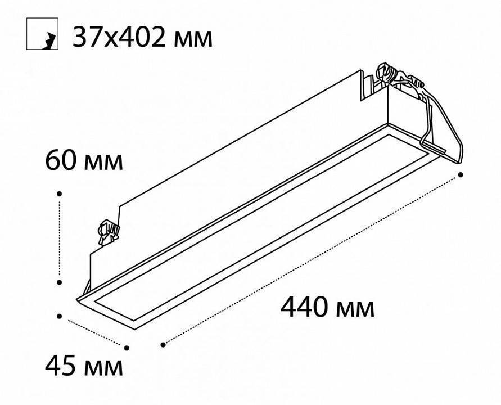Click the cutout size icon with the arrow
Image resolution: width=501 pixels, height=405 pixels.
[42, 35]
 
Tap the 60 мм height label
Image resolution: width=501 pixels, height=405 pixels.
[84, 161]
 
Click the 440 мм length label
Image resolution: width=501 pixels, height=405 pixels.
[327, 308]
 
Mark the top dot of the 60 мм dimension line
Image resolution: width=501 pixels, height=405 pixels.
[60, 192]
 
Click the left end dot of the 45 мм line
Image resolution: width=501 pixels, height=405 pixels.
[60, 316]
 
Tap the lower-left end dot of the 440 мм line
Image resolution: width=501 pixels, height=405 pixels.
[163, 344]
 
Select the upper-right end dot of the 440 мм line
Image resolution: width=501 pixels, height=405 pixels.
[461, 175]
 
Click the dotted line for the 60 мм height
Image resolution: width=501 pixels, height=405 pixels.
[60, 236]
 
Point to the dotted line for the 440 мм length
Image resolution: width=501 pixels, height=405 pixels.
[312, 259]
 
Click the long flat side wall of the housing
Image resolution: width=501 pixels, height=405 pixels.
[236, 169]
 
